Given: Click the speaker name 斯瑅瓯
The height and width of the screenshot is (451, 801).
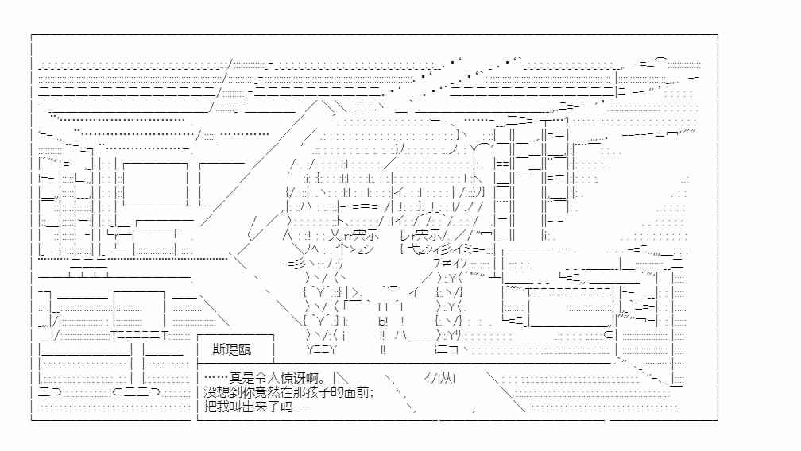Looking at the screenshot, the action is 232,349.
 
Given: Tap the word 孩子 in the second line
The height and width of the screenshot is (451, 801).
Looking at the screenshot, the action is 318,392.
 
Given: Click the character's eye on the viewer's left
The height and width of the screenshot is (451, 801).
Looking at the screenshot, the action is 360,235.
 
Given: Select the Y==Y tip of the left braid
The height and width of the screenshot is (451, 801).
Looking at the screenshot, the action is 322,350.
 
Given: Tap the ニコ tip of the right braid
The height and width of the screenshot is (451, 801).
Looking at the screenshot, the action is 447,350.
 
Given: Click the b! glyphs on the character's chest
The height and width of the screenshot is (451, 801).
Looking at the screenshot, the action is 383,322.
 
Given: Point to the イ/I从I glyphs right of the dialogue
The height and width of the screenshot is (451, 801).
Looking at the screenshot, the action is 440,378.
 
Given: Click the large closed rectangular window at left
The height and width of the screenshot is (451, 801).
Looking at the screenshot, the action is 155,184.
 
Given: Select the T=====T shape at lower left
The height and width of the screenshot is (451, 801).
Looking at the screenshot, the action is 140,335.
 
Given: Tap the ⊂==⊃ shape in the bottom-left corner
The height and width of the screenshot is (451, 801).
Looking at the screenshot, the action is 136,391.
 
